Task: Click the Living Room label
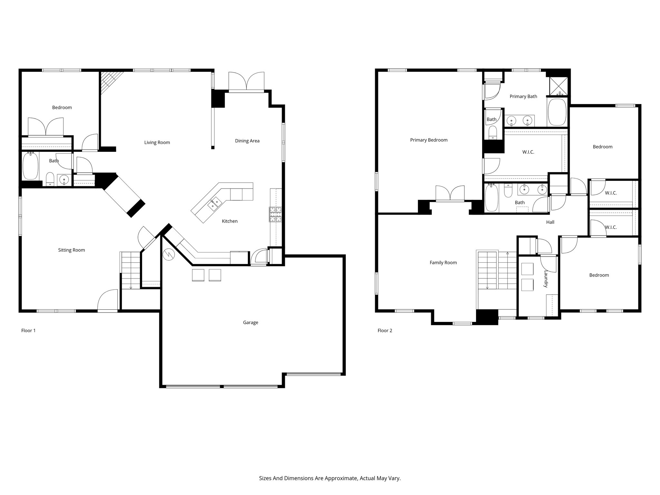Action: (157, 142)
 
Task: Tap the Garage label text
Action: (250, 322)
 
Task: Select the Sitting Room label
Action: (72, 250)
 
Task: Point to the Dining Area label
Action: (247, 141)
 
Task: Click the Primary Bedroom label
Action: (429, 140)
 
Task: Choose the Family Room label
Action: (443, 263)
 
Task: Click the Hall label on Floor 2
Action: (550, 222)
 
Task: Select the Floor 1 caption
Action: (28, 330)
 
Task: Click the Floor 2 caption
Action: (385, 330)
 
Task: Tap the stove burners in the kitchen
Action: (275, 214)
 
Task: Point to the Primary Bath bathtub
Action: (557, 112)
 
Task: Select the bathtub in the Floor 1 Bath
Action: (31, 166)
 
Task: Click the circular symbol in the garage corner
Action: (168, 255)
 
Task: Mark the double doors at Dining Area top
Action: (247, 82)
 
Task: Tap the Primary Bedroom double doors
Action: (450, 194)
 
